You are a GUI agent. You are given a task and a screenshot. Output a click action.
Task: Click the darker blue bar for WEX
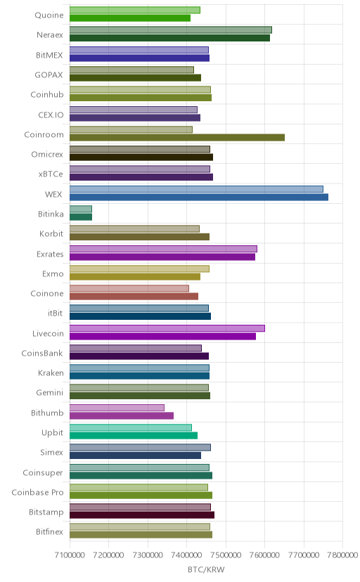[199, 197]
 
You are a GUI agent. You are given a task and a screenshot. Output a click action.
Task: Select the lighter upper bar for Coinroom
[131, 129]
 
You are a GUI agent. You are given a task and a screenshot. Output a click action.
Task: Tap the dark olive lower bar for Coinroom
[177, 137]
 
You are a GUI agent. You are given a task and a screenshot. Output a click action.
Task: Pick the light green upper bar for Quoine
[135, 10]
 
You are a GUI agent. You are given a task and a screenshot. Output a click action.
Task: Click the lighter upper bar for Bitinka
[81, 209]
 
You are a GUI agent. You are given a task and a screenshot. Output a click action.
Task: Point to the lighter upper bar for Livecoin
[167, 328]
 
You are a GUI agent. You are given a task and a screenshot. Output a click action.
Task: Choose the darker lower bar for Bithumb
[122, 415]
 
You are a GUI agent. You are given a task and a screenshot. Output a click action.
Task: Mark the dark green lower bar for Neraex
[169, 38]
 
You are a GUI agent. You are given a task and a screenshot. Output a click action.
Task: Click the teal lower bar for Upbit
[134, 435]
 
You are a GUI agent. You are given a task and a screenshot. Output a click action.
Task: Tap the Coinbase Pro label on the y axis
[37, 492]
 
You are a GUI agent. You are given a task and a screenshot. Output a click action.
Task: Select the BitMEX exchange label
[49, 55]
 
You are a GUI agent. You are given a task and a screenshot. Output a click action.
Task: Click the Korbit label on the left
[51, 233]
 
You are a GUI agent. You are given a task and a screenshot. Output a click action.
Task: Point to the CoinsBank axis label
[42, 353]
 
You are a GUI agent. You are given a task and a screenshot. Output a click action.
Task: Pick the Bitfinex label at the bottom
[49, 531]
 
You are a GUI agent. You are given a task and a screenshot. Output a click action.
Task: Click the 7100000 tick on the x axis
[70, 555]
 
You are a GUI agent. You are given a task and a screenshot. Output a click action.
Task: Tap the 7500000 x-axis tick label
[226, 555]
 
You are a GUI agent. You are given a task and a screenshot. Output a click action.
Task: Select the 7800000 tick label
[342, 555]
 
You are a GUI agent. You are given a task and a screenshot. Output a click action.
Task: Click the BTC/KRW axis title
[206, 570]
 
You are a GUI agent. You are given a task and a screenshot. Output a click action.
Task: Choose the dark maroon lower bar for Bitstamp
[142, 515]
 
